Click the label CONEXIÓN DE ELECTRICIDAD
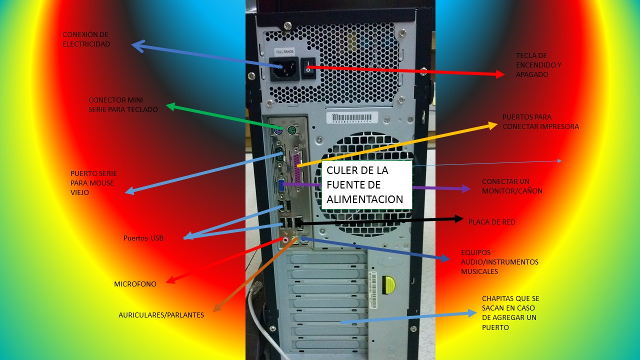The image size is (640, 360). [x=86, y=39]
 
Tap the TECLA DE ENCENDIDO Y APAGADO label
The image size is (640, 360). [x=539, y=65]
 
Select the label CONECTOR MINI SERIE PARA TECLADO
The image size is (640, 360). [x=123, y=104]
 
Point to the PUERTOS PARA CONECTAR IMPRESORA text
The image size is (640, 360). [x=540, y=121]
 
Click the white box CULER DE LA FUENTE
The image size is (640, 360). [x=367, y=185]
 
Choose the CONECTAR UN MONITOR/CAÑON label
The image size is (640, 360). [x=512, y=186]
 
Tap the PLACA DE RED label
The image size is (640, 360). [x=491, y=221]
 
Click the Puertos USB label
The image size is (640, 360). [x=143, y=238]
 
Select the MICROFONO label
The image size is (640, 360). [x=135, y=284]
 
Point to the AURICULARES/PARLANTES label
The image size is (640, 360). [x=161, y=315]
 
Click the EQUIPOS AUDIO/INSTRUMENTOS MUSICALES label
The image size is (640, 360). [x=499, y=262]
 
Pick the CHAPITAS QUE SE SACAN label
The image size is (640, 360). [x=510, y=313]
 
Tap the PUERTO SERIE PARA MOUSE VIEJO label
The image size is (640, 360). [x=93, y=182]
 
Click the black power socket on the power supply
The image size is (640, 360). [x=284, y=68]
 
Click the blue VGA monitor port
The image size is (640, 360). [x=281, y=185]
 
